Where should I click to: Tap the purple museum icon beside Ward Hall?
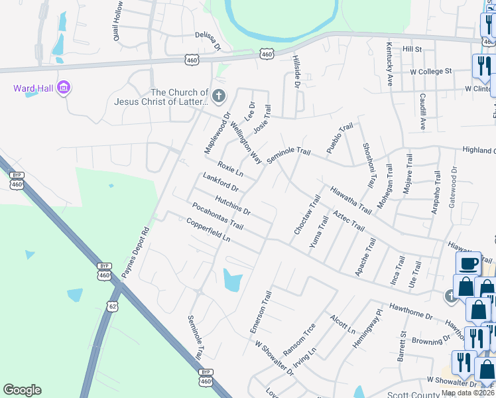(x=64, y=88)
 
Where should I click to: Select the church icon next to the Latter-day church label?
(x=219, y=96)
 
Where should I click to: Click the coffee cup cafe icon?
(x=468, y=263)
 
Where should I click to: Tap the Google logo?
(x=22, y=390)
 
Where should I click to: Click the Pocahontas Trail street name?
(x=214, y=217)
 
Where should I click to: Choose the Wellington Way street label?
(x=245, y=148)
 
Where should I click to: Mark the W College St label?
(x=430, y=70)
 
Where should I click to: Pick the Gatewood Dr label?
(x=454, y=185)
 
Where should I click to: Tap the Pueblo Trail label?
(x=338, y=139)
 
